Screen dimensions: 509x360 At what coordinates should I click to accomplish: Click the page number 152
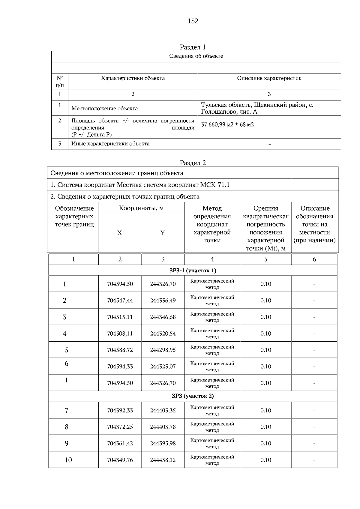193,21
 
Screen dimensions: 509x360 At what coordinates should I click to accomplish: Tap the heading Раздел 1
193,47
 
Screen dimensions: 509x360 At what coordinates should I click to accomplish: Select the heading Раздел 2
193,163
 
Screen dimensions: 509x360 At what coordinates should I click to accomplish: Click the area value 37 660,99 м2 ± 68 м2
227,124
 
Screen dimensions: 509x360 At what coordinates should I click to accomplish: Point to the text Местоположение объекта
105,109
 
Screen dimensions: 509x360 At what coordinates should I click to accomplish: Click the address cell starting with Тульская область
257,108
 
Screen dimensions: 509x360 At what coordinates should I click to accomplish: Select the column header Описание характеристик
269,78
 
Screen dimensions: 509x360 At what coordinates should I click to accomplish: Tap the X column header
119,233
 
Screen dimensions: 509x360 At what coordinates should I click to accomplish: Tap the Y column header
162,233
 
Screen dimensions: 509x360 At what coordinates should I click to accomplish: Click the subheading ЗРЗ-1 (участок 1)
193,271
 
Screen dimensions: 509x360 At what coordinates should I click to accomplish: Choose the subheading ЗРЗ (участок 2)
193,396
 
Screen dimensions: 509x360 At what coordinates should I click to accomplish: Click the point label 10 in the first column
68,460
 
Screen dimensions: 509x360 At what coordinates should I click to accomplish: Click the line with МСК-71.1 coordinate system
140,185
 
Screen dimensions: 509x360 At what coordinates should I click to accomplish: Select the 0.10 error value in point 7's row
265,410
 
